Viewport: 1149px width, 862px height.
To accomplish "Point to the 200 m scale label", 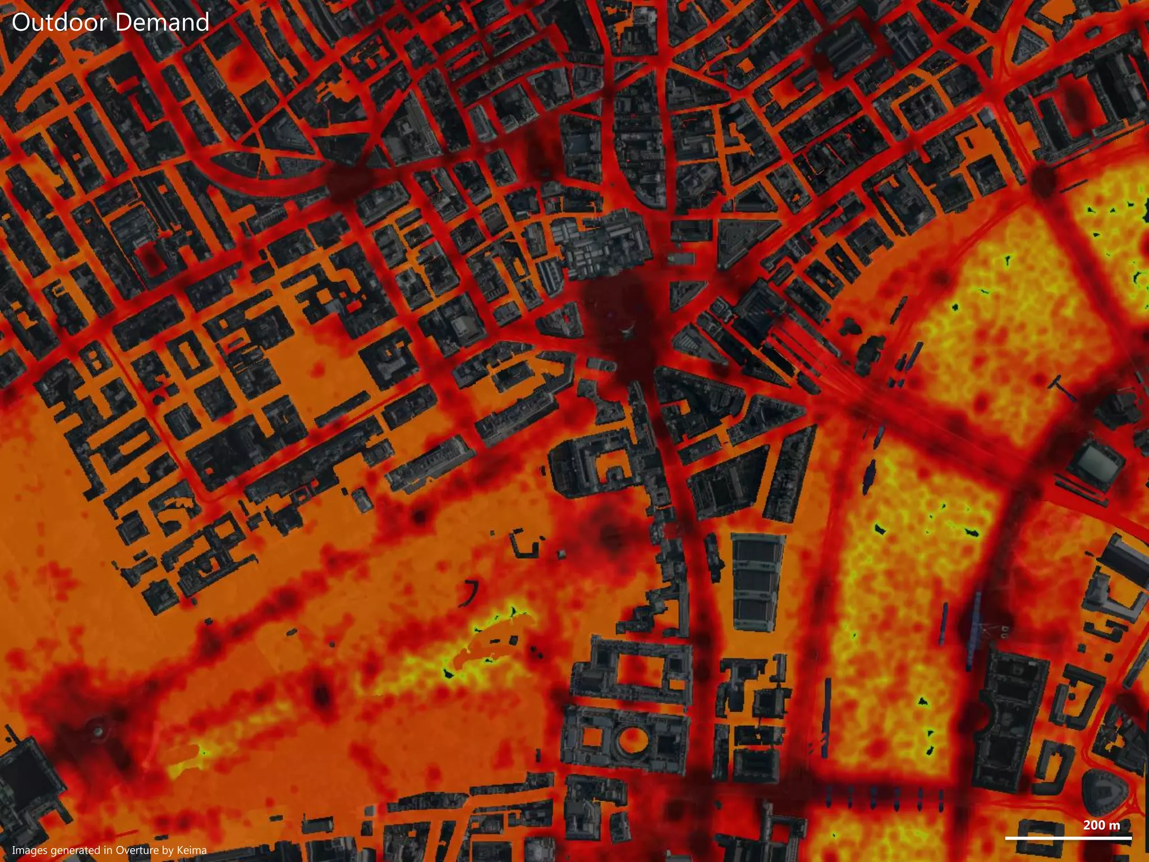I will pos(1101,825).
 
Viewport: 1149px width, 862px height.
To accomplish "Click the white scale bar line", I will pos(1068,838).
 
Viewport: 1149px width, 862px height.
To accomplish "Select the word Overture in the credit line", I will pos(138,850).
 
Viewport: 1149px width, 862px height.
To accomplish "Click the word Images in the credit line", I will pos(29,850).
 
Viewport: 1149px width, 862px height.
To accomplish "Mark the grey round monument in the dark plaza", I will pos(99,731).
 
